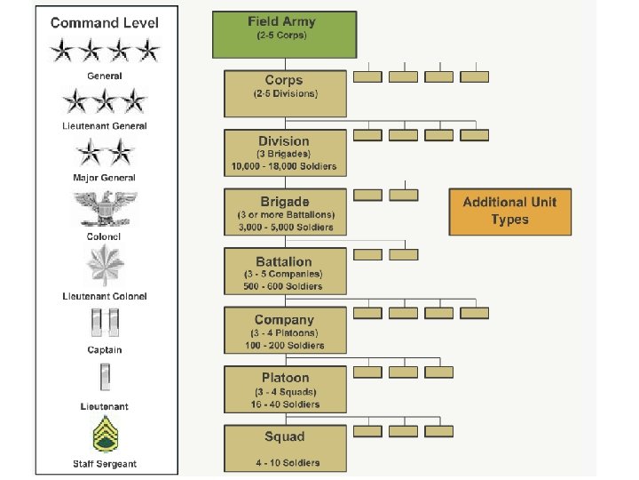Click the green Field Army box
pyautogui.click(x=284, y=34)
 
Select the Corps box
pyautogui.click(x=284, y=93)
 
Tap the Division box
pyautogui.click(x=284, y=152)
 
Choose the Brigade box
pyautogui.click(x=284, y=212)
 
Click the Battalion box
pyautogui.click(x=284, y=272)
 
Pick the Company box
pyautogui.click(x=284, y=331)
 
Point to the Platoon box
pyautogui.click(x=284, y=389)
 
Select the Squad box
pyautogui.click(x=284, y=448)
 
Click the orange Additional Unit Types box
pyautogui.click(x=509, y=212)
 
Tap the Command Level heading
pyautogui.click(x=105, y=22)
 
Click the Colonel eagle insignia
pyautogui.click(x=105, y=210)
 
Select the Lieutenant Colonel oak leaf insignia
pyautogui.click(x=105, y=266)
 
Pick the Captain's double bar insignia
pyautogui.click(x=105, y=324)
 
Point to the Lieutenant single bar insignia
pyautogui.click(x=105, y=379)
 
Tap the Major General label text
pyautogui.click(x=105, y=178)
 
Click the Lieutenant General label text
pyautogui.click(x=105, y=125)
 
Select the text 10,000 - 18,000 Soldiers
pyautogui.click(x=284, y=167)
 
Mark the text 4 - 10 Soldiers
pyautogui.click(x=284, y=462)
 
